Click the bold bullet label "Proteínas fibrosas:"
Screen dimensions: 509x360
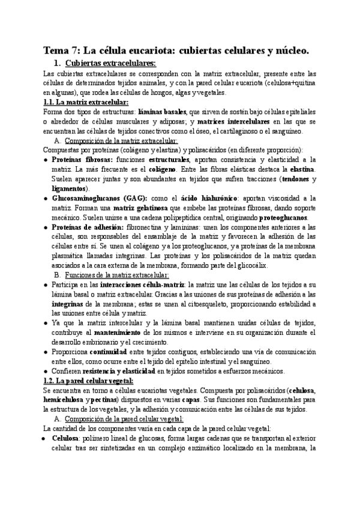(x=82, y=160)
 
